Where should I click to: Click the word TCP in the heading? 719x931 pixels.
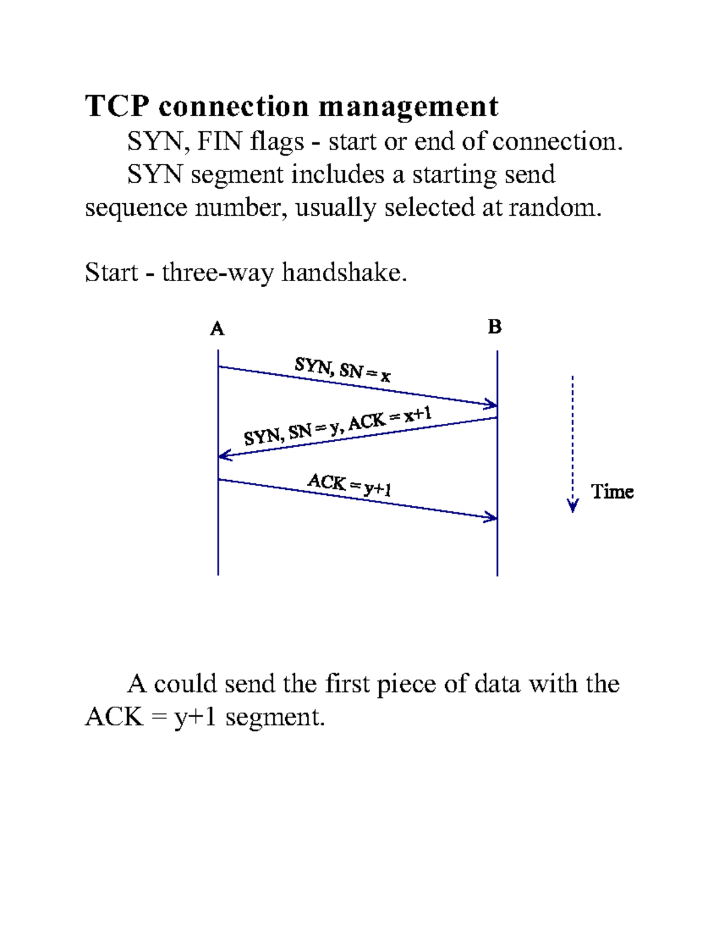[117, 107]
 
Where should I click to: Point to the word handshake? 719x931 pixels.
[345, 273]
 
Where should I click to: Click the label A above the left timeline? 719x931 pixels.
[217, 329]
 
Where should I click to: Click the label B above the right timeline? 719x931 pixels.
[494, 327]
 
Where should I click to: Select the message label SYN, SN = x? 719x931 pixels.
[342, 369]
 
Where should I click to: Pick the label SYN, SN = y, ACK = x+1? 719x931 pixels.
[337, 426]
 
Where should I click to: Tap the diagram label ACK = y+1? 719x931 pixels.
[349, 484]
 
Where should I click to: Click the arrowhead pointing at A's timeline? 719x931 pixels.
[224, 456]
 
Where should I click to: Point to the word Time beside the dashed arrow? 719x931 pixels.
[612, 492]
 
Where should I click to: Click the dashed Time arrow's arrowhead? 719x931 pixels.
[573, 506]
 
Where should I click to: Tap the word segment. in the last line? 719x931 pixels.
[275, 717]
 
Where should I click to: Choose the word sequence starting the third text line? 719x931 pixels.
[136, 209]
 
